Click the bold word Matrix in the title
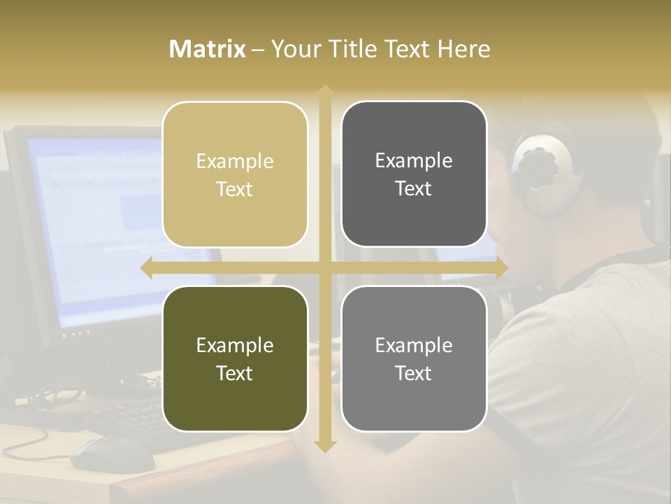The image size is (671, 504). tap(208, 49)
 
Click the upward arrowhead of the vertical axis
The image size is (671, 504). tap(325, 91)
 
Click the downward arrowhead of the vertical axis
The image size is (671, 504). tap(325, 446)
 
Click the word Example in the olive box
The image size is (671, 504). tap(235, 345)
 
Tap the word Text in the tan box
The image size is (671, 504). tap(235, 189)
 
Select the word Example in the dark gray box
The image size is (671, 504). tap(414, 160)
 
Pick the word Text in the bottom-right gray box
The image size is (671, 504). tap(414, 373)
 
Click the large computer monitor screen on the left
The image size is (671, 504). tap(91, 224)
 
